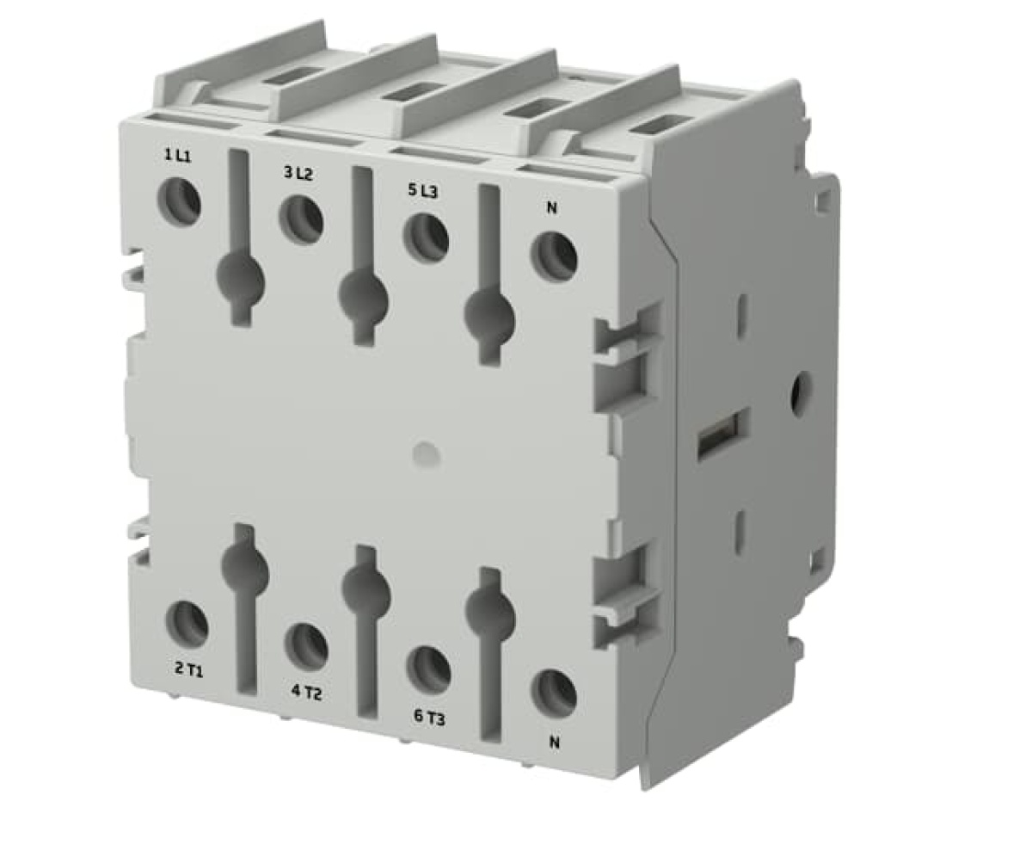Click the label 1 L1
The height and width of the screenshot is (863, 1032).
click(x=178, y=155)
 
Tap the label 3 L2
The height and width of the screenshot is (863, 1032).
click(x=298, y=173)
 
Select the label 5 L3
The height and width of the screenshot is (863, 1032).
click(x=422, y=191)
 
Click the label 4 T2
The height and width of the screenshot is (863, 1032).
click(x=306, y=692)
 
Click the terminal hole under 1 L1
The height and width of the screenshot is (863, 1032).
click(x=179, y=201)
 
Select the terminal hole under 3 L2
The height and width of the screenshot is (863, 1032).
click(x=301, y=219)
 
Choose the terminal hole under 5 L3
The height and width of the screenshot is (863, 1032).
click(x=426, y=237)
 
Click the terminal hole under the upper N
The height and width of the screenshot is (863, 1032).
click(x=553, y=257)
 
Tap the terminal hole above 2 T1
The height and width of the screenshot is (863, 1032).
click(x=187, y=625)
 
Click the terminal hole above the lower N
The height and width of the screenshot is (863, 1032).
click(x=553, y=693)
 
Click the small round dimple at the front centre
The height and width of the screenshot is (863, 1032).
click(x=425, y=454)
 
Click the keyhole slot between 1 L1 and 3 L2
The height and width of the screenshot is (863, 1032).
click(x=241, y=277)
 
